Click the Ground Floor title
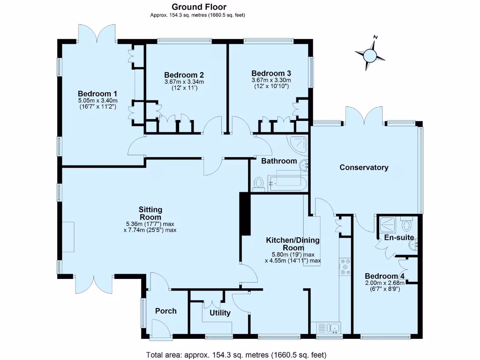click(199, 7)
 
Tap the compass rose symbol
click(370, 55)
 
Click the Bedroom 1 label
click(97, 93)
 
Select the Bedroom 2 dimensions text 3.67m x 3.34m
click(184, 82)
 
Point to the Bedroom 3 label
click(271, 73)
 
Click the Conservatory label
click(364, 167)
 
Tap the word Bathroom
click(279, 161)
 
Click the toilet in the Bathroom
click(258, 183)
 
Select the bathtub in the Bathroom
click(288, 183)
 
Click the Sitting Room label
click(150, 213)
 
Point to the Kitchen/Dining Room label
click(292, 244)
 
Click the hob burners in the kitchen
click(345, 266)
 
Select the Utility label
click(220, 313)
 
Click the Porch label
click(166, 311)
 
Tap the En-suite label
click(399, 238)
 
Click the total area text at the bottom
click(236, 354)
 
